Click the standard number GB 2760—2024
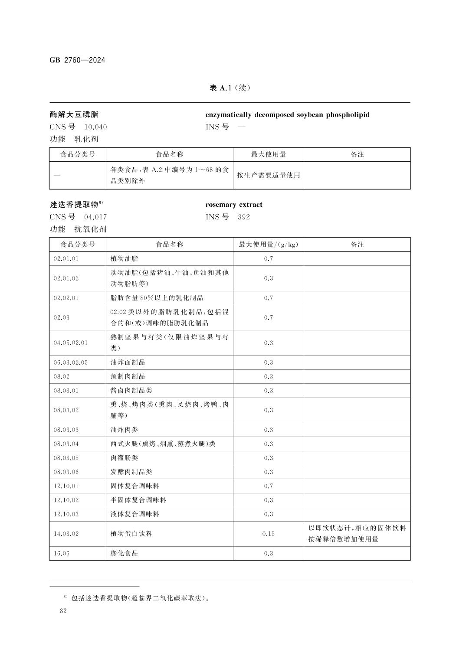pos(77,60)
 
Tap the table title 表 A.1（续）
pos(230,88)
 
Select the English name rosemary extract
pos(234,205)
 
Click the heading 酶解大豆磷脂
pos(74,115)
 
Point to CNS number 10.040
pos(95,127)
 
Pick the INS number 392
pos(244,217)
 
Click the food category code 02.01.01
pos(66,259)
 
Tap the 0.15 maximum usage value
pos(269,534)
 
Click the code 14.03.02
pos(66,534)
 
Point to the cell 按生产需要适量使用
pos(268,175)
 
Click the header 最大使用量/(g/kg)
pos(268,245)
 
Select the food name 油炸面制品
pos(128,362)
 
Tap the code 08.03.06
pos(66,472)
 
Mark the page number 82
pos(63,611)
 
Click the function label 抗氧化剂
pos(90,229)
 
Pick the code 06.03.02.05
pos(70,362)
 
